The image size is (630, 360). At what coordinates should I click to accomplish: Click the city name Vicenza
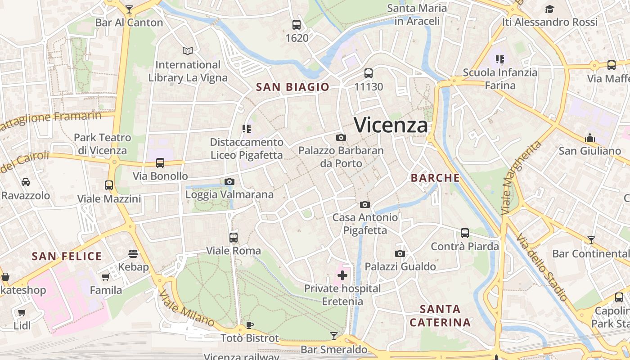coord(391,125)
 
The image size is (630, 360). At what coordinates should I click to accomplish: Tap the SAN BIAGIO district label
coord(292,87)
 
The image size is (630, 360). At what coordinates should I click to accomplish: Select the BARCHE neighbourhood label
coord(435,178)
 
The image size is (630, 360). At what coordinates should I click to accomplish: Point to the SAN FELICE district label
coord(67,256)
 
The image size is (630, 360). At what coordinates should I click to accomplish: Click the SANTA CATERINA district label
coord(440,316)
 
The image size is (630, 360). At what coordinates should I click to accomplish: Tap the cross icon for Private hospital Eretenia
coord(342,275)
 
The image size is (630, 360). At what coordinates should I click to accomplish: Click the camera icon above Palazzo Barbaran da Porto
coord(341,137)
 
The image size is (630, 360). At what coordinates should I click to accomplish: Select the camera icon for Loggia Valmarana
coord(229,181)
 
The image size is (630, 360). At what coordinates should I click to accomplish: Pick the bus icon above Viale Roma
coord(233,237)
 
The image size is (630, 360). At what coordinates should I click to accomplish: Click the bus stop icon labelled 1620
coord(297,25)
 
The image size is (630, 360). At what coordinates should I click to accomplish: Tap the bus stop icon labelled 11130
coord(369,73)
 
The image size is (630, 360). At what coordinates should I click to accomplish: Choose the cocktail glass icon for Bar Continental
coord(591,240)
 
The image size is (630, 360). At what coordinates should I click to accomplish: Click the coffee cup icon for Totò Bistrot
coord(250,325)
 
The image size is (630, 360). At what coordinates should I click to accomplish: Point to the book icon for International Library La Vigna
coord(188,51)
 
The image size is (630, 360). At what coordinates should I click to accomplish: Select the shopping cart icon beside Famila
coord(106,277)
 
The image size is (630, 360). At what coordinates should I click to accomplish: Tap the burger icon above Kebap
coord(133,254)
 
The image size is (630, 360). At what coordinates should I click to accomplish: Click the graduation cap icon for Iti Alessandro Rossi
coord(549,9)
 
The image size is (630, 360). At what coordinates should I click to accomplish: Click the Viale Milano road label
coord(186,308)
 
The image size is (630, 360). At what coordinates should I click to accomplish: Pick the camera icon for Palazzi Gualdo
coord(400,254)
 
